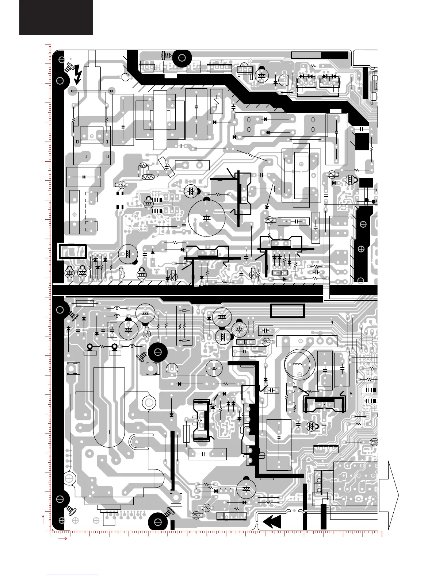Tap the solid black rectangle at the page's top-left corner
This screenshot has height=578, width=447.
coord(56,17)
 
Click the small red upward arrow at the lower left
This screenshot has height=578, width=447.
coord(43,520)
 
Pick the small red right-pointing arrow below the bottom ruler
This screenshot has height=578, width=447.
coord(62,539)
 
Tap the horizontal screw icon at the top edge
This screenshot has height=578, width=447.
coord(167,55)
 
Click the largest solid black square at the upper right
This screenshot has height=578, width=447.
coord(362,142)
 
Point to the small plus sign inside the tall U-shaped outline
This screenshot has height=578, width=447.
coord(109,431)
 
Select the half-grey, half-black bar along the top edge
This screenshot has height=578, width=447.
coord(320,55)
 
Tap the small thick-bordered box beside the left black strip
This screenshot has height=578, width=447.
coord(73,251)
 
